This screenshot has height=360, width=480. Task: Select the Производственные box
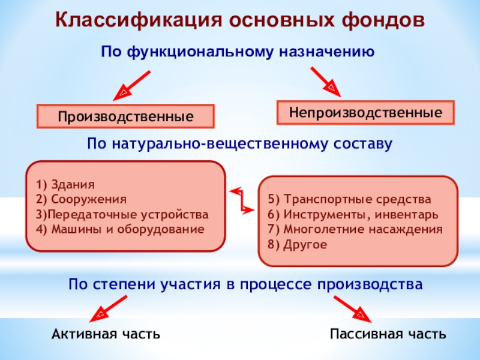[x=125, y=116]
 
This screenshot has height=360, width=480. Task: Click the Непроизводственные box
[x=365, y=112]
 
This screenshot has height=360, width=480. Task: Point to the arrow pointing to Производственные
[x=132, y=85]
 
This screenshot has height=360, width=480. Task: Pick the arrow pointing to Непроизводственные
[x=325, y=81]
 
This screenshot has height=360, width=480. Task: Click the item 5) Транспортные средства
[x=349, y=199]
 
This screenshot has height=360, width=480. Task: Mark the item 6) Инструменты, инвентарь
[x=353, y=214]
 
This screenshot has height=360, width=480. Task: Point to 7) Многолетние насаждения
[x=355, y=229]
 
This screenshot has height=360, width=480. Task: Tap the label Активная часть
[x=106, y=334]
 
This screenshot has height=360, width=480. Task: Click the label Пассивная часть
[x=388, y=334]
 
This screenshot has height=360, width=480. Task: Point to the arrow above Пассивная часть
[x=351, y=306]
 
